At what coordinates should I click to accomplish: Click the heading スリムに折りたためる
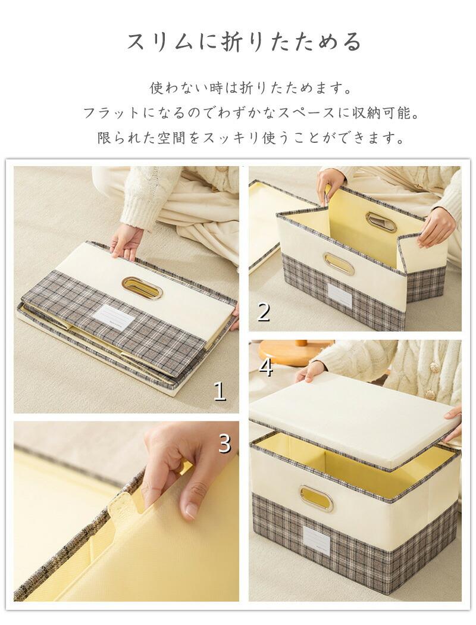click(x=244, y=42)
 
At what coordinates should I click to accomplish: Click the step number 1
click(x=220, y=392)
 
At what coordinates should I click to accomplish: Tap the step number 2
click(x=264, y=312)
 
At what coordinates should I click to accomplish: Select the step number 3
click(x=225, y=443)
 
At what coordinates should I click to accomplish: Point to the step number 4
click(x=266, y=367)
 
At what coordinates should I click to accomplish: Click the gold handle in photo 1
click(x=142, y=287)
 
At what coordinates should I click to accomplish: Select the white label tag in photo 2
click(x=339, y=295)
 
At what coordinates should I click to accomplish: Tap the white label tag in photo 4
click(x=317, y=540)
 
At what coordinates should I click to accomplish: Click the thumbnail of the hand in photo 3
click(x=193, y=511)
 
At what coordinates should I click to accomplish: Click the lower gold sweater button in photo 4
click(x=430, y=394)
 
